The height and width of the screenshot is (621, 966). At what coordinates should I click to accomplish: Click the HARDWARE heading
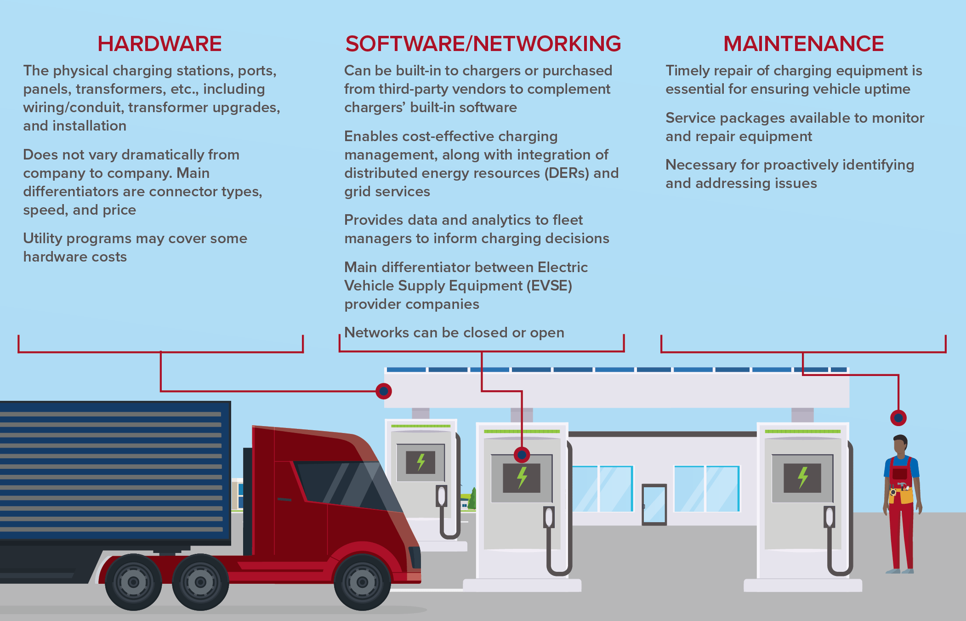pyautogui.click(x=159, y=44)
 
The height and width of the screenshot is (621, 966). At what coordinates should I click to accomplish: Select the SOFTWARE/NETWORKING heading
pyautogui.click(x=483, y=44)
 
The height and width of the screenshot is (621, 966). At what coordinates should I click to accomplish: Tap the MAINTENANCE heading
pyautogui.click(x=803, y=44)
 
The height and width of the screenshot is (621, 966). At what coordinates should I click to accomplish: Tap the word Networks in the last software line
pyautogui.click(x=376, y=333)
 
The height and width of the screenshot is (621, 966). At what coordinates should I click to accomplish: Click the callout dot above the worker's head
pyautogui.click(x=898, y=418)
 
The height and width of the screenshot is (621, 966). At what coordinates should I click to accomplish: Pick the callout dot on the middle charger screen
pyautogui.click(x=522, y=455)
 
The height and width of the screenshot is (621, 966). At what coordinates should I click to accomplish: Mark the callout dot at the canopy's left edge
pyautogui.click(x=384, y=391)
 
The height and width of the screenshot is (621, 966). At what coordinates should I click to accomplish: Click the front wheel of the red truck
pyautogui.click(x=362, y=582)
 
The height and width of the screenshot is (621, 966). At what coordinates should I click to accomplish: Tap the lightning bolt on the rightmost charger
pyautogui.click(x=802, y=478)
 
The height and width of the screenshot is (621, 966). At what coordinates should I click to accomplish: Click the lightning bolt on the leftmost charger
pyautogui.click(x=420, y=462)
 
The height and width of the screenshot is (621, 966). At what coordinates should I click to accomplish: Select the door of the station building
pyautogui.click(x=654, y=504)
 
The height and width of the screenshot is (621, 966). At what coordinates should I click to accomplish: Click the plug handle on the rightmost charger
pyautogui.click(x=829, y=517)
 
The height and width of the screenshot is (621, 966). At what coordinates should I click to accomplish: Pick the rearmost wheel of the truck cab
pyautogui.click(x=133, y=582)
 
